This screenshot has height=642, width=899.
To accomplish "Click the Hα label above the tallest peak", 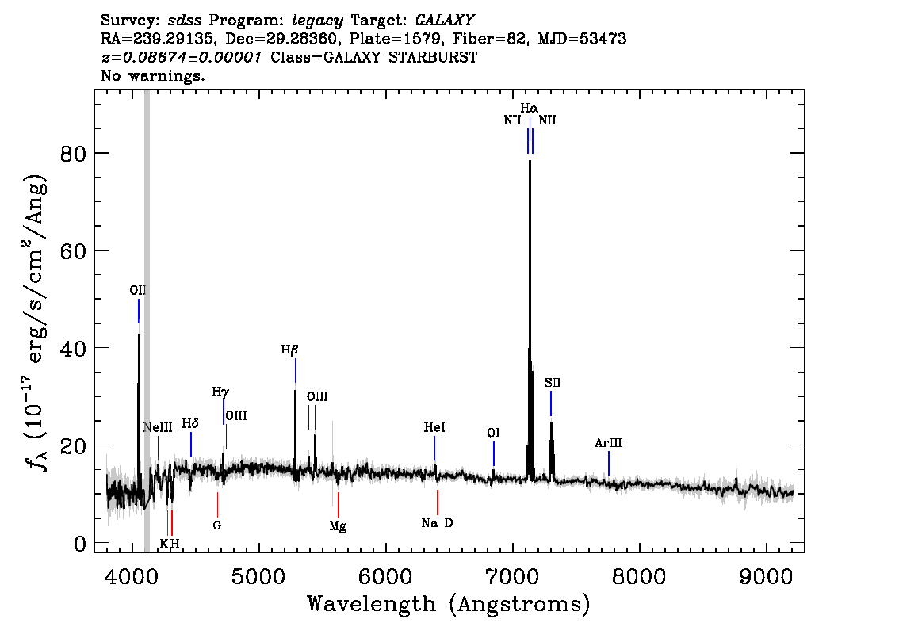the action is point(530,108).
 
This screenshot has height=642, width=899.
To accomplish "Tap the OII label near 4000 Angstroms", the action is point(138,291).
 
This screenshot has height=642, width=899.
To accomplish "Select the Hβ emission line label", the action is point(289,350).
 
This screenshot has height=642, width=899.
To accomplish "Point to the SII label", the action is point(553,382).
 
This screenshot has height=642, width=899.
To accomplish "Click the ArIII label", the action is point(608,442).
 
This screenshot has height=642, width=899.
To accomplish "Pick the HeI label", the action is point(434,428).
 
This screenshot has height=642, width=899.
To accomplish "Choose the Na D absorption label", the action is point(437,523).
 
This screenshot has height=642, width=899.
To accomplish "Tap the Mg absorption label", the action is point(338,526).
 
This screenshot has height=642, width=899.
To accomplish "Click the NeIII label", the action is point(158,428).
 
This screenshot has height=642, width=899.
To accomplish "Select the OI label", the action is point(493,433).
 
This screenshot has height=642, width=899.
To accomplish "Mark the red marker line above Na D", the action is point(438,503).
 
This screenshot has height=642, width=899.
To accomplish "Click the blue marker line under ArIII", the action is point(608,464).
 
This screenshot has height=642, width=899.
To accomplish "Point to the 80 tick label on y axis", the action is point(73,154).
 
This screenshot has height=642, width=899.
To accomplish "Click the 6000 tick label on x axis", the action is point(385,577).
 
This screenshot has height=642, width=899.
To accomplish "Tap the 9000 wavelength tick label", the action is point(765,577).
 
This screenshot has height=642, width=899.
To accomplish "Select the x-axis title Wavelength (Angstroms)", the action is point(449,604).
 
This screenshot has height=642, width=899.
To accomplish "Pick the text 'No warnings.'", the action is point(152,75).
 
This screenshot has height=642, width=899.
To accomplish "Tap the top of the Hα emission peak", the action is point(530,161).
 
